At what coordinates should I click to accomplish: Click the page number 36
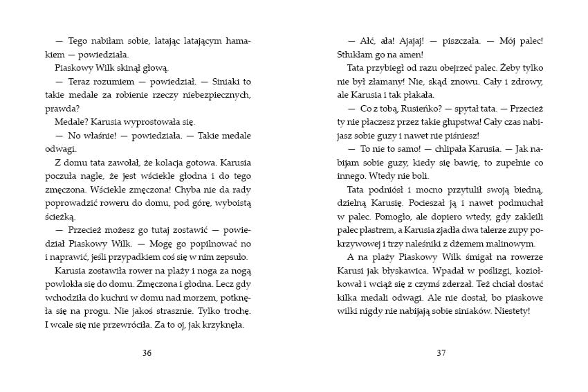point(146,353)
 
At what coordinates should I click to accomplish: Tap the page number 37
point(441,353)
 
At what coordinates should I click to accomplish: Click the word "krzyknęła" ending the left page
point(221,323)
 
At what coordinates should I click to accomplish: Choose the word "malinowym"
point(506,243)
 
